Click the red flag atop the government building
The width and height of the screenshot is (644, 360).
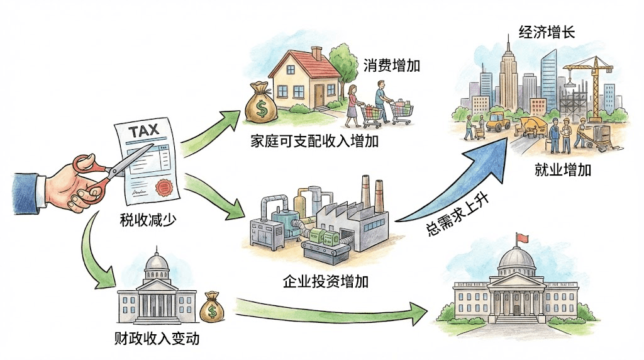coord(521,237)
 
